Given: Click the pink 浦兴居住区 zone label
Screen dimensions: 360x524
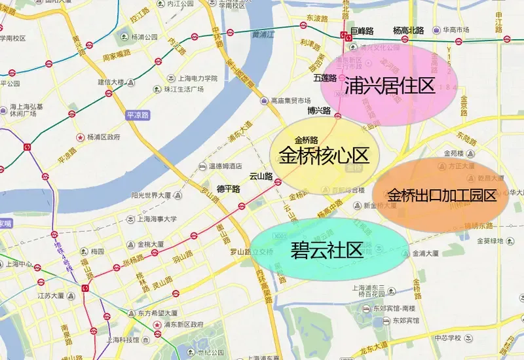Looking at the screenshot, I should (x=390, y=85).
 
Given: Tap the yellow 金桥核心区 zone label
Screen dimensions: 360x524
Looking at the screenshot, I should (x=324, y=156).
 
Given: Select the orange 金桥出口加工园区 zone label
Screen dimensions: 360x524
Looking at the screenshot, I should (x=441, y=195).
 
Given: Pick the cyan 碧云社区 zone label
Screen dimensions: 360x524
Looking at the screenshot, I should (x=327, y=250).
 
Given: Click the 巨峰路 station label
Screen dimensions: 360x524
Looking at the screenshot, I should (x=361, y=30).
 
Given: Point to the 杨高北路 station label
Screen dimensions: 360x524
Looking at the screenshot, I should (x=408, y=30).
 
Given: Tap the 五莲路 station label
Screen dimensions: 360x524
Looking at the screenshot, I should (x=324, y=78).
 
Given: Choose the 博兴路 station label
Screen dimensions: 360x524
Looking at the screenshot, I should (x=319, y=111).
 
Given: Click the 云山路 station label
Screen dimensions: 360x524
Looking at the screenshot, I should (x=261, y=176).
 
